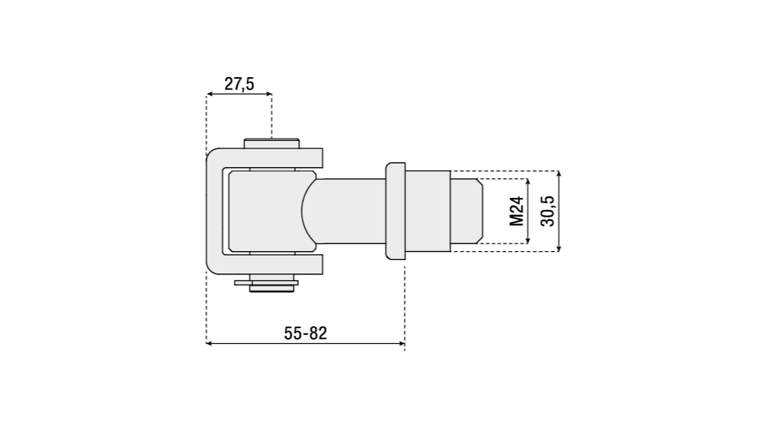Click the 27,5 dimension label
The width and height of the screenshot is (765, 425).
coord(239,84)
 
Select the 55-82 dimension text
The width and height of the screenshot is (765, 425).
coord(306,334)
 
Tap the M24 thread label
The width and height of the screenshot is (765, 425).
coord(517,211)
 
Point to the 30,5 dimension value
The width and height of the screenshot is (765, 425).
coord(548,211)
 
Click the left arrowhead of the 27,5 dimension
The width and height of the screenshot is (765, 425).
coord(209,94)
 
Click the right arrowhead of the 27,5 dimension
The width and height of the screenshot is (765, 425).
coord(269,94)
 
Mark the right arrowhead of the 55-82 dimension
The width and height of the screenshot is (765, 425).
coord(402,343)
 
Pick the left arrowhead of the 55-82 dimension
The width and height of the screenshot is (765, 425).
coord(209,343)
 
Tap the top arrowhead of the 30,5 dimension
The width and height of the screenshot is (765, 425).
coord(559,174)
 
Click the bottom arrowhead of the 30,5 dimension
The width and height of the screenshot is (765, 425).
coord(559,248)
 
